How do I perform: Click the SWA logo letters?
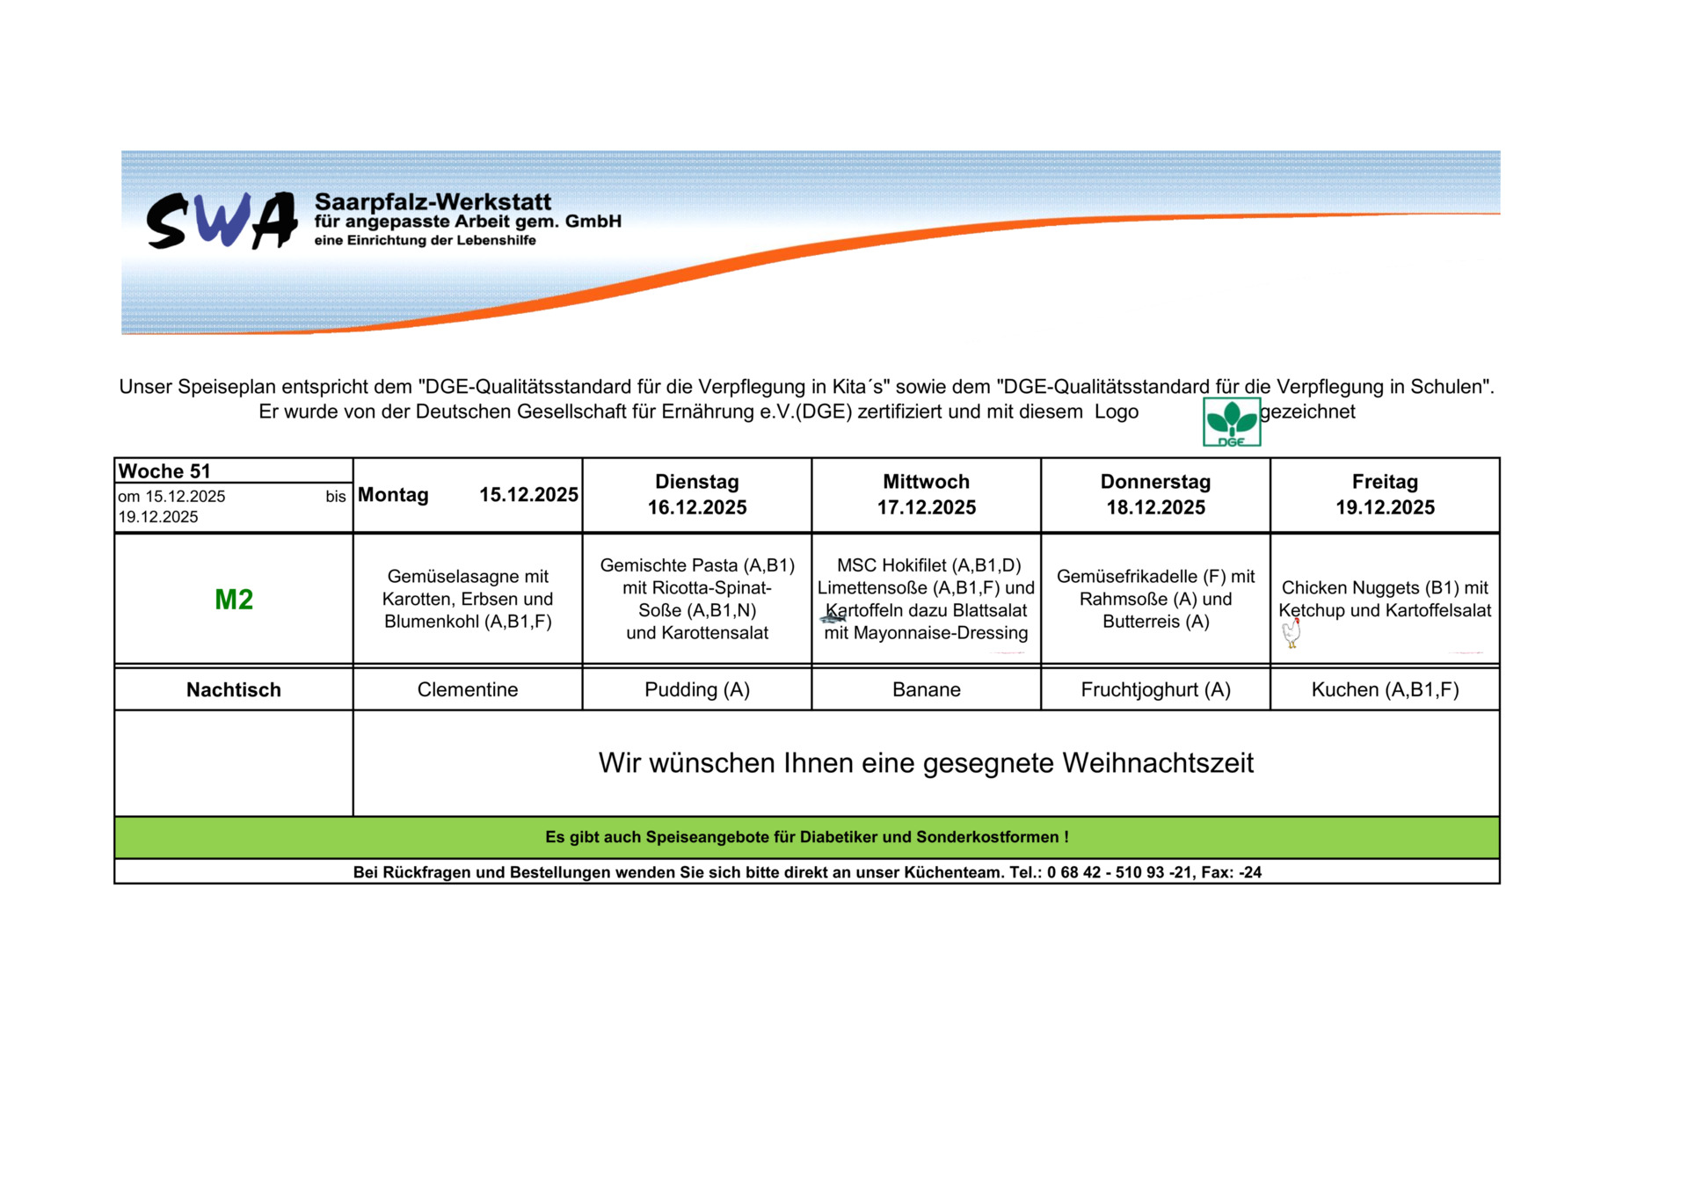point(222,221)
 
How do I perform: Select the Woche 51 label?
point(164,471)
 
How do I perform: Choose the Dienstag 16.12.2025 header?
point(696,495)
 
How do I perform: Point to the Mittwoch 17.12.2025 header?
point(926,495)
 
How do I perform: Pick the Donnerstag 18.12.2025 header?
point(1155,495)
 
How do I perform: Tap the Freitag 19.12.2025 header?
point(1385,495)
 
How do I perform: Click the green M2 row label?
point(234,600)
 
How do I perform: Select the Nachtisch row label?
point(234,690)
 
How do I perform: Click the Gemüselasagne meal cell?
point(468,599)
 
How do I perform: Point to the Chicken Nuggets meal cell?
point(1385,599)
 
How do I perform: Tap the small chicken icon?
point(1291,633)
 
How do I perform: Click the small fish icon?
point(833,619)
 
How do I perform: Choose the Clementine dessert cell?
point(468,690)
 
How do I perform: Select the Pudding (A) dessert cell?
point(696,690)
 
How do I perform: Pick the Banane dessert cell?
point(926,690)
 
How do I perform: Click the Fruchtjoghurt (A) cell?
point(1155,690)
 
